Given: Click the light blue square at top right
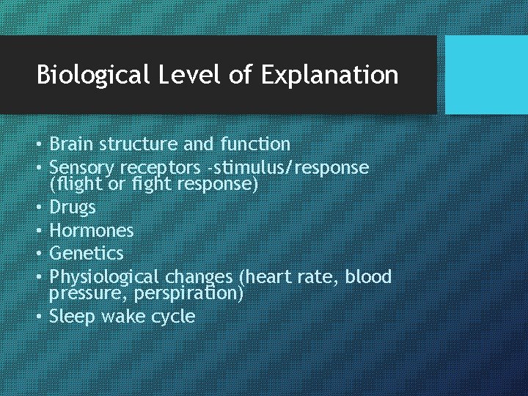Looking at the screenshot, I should click(x=486, y=75).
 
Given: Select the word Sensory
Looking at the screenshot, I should click(x=78, y=168).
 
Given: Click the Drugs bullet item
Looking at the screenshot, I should click(x=72, y=208).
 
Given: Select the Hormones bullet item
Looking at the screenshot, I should click(x=91, y=231).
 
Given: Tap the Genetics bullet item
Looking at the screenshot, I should click(x=86, y=254).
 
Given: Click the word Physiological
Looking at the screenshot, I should click(x=104, y=277).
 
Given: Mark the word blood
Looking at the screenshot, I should click(x=368, y=276).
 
